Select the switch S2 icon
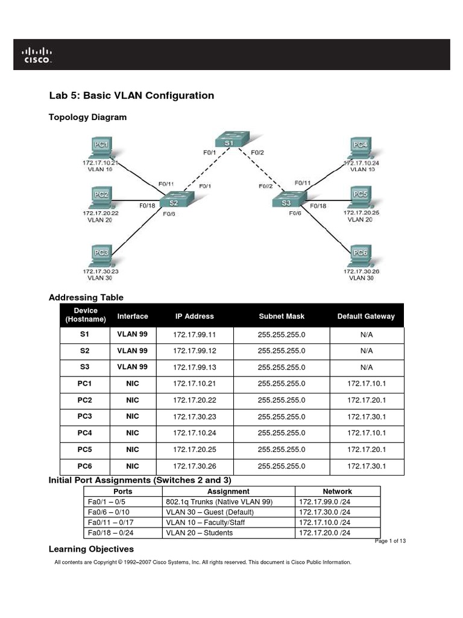pyautogui.click(x=173, y=203)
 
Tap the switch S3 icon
pyautogui.click(x=288, y=202)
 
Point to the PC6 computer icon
pyautogui.click(x=361, y=255)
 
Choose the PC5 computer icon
pyautogui.click(x=361, y=196)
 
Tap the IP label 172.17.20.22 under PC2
pyautogui.click(x=101, y=213)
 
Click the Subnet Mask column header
pyautogui.click(x=282, y=316)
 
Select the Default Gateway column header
pyautogui.click(x=366, y=316)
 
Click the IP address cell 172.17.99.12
pyautogui.click(x=194, y=351)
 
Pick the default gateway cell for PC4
pyautogui.click(x=366, y=433)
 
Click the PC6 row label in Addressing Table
pyautogui.click(x=84, y=467)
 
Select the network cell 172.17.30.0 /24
pyautogui.click(x=324, y=512)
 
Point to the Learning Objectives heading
pyautogui.click(x=91, y=549)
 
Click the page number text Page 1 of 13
pyautogui.click(x=390, y=541)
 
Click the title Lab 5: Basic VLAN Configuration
pyautogui.click(x=131, y=95)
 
